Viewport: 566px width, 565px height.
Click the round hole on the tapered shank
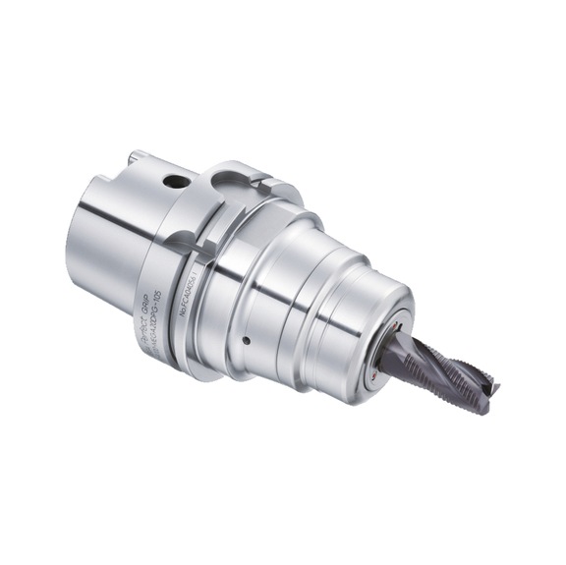point(175,181)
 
